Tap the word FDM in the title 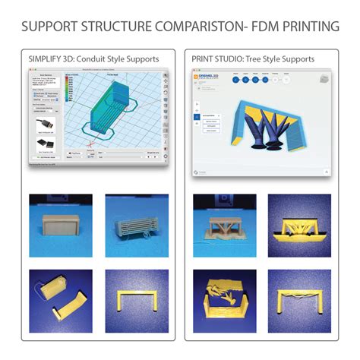[263, 27]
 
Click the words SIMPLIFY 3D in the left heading [50, 58]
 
